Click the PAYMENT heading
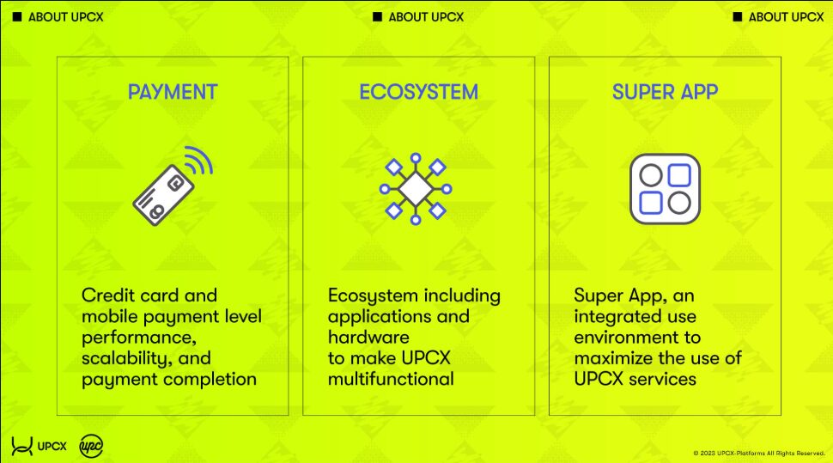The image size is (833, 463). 173,92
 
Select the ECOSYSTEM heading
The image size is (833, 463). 418,92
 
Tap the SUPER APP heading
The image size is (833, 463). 666,92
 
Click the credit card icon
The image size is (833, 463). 163,195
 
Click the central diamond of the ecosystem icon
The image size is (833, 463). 416,189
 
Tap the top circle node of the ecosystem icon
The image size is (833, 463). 416,158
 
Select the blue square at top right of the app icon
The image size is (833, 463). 679,175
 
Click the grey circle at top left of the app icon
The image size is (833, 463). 651,175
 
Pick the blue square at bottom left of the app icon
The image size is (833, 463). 651,203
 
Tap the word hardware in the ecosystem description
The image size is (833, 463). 368,338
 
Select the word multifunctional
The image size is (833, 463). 391,379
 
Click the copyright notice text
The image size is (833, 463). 759,454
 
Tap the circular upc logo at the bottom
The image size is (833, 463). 91,446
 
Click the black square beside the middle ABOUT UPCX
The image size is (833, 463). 377,17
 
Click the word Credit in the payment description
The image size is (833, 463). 107,295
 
